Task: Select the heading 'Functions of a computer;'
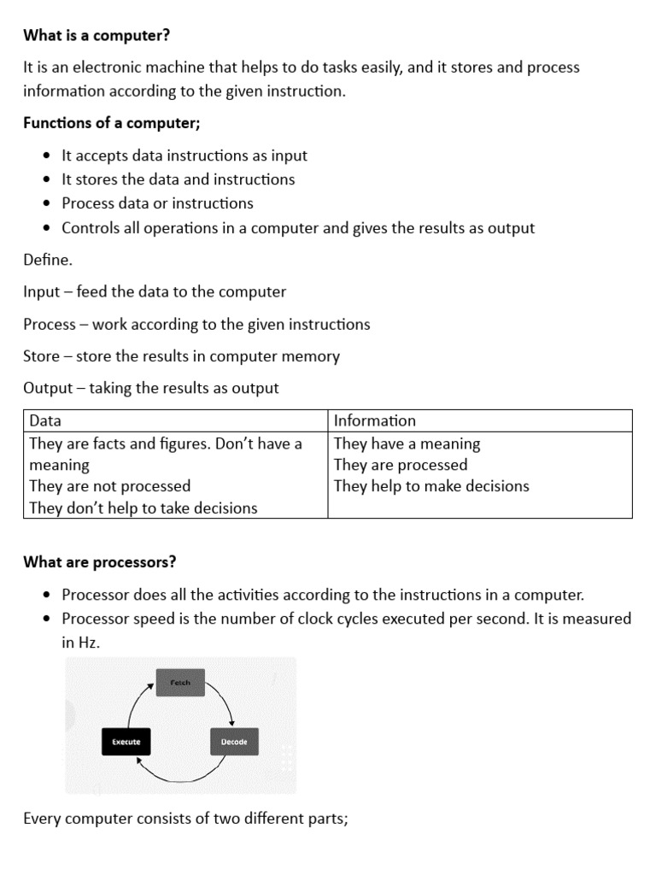point(112,123)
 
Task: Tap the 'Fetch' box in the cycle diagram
point(180,683)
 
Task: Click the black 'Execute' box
point(126,742)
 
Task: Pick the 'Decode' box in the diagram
point(234,742)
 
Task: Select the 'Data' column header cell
point(175,420)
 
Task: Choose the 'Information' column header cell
point(480,420)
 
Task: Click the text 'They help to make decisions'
point(431,486)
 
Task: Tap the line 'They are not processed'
point(109,486)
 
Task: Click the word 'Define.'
point(48,260)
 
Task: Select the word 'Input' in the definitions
point(42,292)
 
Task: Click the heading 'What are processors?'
point(99,562)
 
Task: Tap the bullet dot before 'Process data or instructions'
point(46,204)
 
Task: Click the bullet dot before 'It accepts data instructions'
point(46,156)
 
